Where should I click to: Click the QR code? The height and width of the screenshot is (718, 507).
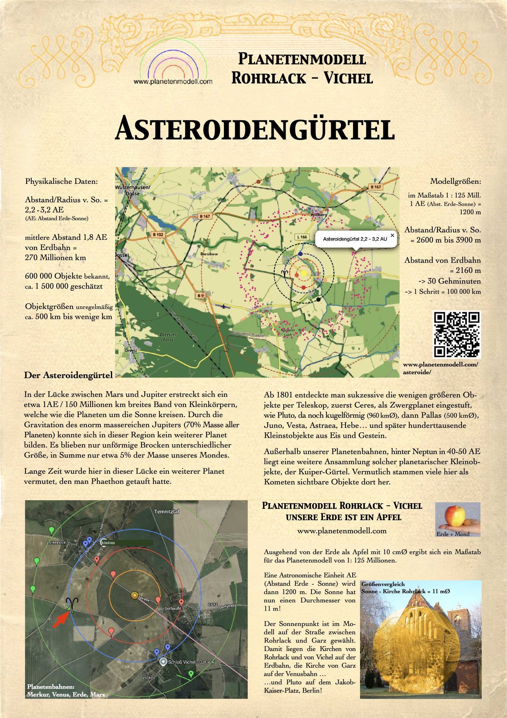pyautogui.click(x=457, y=335)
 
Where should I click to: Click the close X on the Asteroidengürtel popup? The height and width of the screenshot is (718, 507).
pyautogui.click(x=392, y=235)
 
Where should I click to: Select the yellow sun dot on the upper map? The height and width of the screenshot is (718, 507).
pyautogui.click(x=303, y=273)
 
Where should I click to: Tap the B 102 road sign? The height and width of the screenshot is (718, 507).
pyautogui.click(x=158, y=234)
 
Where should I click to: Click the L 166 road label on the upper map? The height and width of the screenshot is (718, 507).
pyautogui.click(x=302, y=237)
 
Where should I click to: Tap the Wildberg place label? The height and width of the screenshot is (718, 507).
pyautogui.click(x=319, y=215)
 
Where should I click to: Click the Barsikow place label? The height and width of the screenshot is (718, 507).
pyautogui.click(x=209, y=254)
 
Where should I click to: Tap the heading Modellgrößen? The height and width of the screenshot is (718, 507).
pyautogui.click(x=455, y=181)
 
